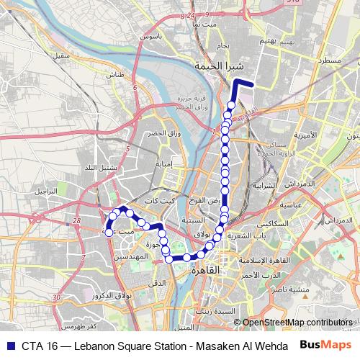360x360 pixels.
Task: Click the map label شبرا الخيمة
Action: pos(217,66)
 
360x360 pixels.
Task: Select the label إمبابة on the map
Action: pos(164,163)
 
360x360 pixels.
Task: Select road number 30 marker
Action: pos(56,297)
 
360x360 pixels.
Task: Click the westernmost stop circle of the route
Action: pos(109,232)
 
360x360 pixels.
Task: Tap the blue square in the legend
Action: pos(9,346)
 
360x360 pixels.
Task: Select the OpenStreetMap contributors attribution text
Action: pos(297,322)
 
